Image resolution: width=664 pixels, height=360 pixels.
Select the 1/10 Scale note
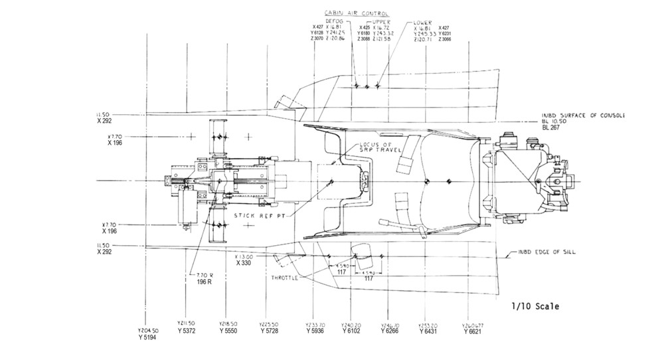coord(535,307)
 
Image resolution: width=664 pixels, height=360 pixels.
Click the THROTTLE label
coord(284,278)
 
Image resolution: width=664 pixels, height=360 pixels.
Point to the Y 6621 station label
coord(471,331)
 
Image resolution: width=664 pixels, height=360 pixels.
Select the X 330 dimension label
coord(244,263)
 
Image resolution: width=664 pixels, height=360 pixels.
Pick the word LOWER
coord(422,21)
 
